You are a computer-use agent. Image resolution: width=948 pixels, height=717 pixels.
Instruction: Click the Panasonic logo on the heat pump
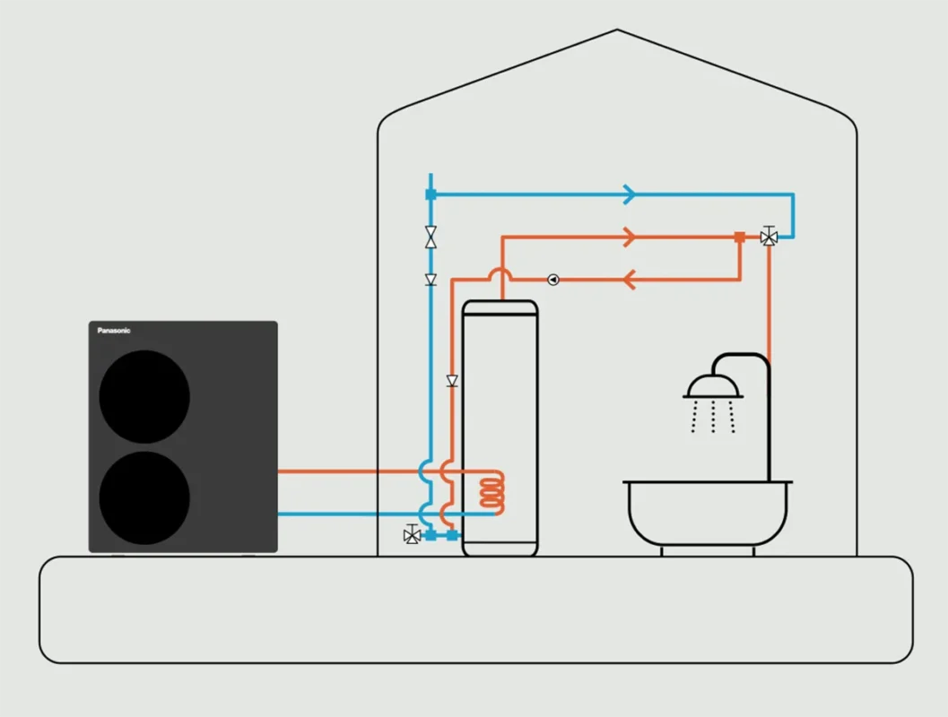(x=114, y=331)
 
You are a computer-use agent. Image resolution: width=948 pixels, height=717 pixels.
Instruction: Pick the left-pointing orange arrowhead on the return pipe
(x=629, y=280)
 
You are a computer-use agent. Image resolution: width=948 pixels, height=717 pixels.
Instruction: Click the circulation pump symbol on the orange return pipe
(x=553, y=280)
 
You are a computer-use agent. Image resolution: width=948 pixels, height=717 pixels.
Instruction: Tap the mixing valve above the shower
(x=769, y=237)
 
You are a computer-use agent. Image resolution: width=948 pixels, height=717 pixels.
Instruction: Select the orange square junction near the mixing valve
(x=739, y=238)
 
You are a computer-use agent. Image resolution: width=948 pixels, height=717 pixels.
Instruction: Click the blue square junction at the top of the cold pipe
(x=431, y=194)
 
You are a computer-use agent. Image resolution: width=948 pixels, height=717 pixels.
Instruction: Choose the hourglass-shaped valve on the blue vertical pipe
(x=431, y=238)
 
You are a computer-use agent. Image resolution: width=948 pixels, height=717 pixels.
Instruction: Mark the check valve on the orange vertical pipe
(x=452, y=381)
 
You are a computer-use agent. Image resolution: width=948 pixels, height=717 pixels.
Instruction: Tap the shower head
(x=713, y=387)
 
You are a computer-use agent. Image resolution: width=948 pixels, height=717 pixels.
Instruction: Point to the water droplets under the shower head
(x=713, y=417)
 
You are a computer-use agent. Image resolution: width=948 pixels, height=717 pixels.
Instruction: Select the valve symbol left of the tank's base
(x=412, y=535)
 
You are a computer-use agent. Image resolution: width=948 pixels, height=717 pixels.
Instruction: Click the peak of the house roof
(x=617, y=30)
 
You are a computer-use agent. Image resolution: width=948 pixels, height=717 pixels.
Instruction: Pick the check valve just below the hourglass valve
(x=431, y=280)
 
